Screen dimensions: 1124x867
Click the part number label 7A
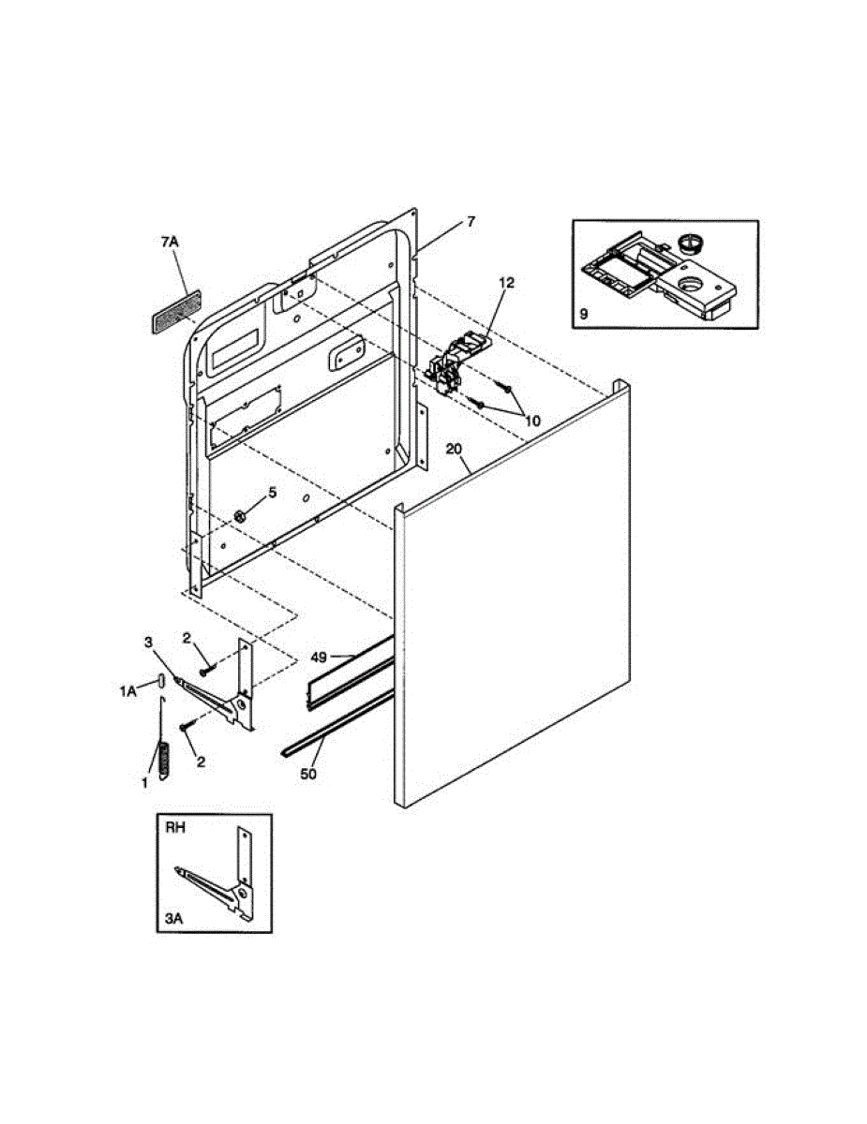point(169,242)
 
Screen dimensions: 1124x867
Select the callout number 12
point(506,282)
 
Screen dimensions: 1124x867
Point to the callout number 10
point(532,421)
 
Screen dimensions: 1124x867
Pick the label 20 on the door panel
point(455,450)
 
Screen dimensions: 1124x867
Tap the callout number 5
point(273,491)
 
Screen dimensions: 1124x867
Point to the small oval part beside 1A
point(161,679)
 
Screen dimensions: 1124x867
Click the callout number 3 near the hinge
point(148,642)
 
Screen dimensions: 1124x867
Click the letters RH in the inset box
point(176,828)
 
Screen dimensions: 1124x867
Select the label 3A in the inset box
point(174,920)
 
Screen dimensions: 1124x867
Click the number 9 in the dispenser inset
point(583,315)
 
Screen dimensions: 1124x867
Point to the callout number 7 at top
point(471,221)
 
